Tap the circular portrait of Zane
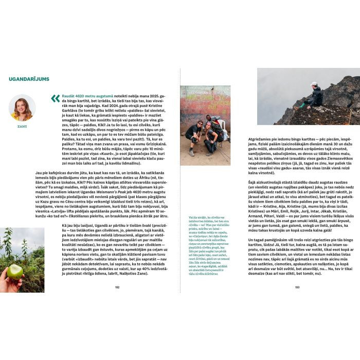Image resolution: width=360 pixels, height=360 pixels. coord(22,107)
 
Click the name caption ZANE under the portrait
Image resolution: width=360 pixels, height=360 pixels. coord(22,125)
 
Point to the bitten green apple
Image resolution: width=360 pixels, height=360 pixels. coord(14,272)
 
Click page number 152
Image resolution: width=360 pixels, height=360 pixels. coord(117,302)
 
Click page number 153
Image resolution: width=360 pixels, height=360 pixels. coord(297,302)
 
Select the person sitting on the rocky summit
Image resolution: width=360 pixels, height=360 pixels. coord(314,96)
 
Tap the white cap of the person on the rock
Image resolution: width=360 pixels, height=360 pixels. coord(314,84)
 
